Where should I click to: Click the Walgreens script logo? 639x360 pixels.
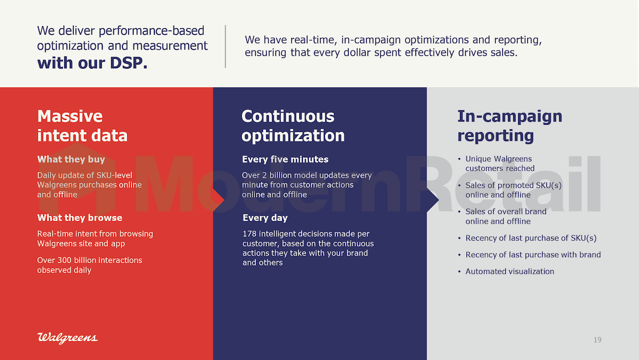(x=67, y=338)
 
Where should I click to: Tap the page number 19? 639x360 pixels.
(x=597, y=340)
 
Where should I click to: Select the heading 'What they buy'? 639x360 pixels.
(x=71, y=159)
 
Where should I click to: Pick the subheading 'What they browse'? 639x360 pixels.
(x=79, y=218)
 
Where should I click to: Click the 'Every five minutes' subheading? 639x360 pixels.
(x=285, y=159)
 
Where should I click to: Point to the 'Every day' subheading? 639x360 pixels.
(x=265, y=218)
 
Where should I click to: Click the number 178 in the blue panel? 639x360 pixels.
(x=249, y=234)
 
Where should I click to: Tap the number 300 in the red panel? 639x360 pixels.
(x=64, y=260)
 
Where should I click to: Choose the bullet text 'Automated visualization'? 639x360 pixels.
(x=510, y=271)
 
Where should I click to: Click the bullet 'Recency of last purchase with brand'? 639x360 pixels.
(x=533, y=255)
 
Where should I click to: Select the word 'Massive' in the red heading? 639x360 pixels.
(x=70, y=116)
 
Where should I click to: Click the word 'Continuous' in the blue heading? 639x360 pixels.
(x=288, y=116)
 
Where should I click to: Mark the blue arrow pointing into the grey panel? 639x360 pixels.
(x=433, y=200)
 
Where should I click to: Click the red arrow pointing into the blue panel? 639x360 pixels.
(x=219, y=200)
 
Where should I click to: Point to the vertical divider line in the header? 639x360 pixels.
(x=225, y=46)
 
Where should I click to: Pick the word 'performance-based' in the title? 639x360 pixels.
(x=151, y=31)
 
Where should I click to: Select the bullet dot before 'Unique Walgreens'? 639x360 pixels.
(x=459, y=159)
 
